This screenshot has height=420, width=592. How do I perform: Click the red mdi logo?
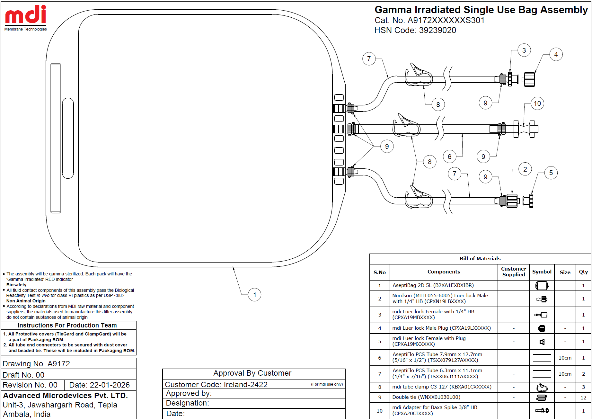(26, 14)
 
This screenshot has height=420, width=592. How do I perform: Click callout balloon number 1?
(255, 295)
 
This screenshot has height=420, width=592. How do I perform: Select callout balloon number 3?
(524, 50)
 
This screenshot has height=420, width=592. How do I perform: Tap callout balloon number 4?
(556, 55)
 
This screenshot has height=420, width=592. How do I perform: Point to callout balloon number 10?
(537, 103)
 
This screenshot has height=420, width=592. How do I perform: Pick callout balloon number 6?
(450, 157)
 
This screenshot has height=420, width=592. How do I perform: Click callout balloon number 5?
(551, 173)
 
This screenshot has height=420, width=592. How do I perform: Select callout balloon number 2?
(525, 169)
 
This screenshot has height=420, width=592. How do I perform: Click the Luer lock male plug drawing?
(529, 79)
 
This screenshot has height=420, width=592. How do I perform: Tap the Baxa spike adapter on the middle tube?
(526, 129)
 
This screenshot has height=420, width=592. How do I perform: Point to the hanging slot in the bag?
(68, 138)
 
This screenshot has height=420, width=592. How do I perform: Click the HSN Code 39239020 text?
(415, 31)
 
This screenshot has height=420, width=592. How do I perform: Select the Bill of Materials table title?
(480, 259)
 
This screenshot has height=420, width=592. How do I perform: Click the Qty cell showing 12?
(583, 398)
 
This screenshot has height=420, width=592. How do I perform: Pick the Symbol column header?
(542, 272)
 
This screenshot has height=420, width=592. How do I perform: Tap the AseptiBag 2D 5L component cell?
(433, 285)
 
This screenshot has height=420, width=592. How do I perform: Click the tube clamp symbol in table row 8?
(542, 387)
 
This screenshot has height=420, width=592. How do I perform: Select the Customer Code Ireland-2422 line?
(216, 385)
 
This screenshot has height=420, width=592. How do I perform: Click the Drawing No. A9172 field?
(36, 364)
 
